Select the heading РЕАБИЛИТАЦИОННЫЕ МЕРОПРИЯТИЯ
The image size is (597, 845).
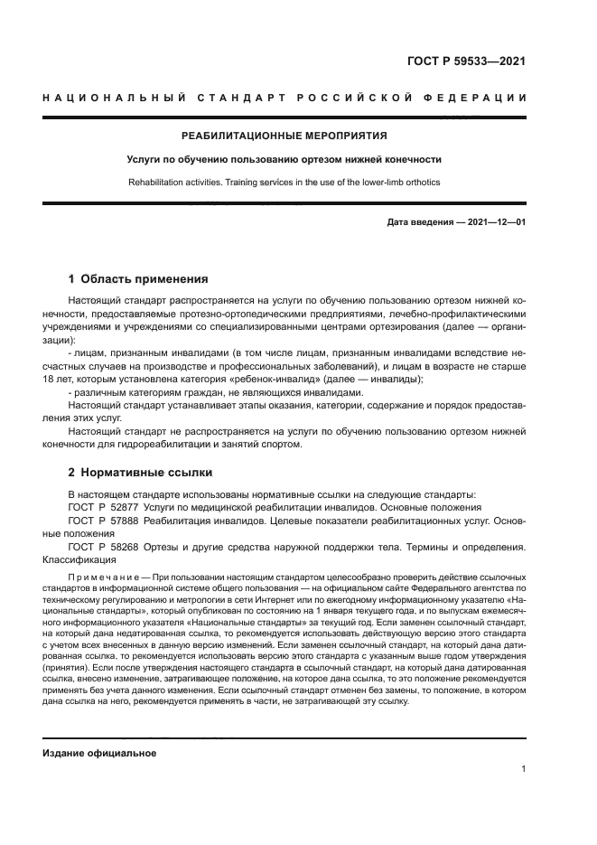pyautogui.click(x=285, y=136)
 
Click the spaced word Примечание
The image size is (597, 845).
pyautogui.click(x=104, y=576)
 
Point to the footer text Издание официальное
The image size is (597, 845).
pyautogui.click(x=99, y=753)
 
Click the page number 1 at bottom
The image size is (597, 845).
pyautogui.click(x=524, y=769)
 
